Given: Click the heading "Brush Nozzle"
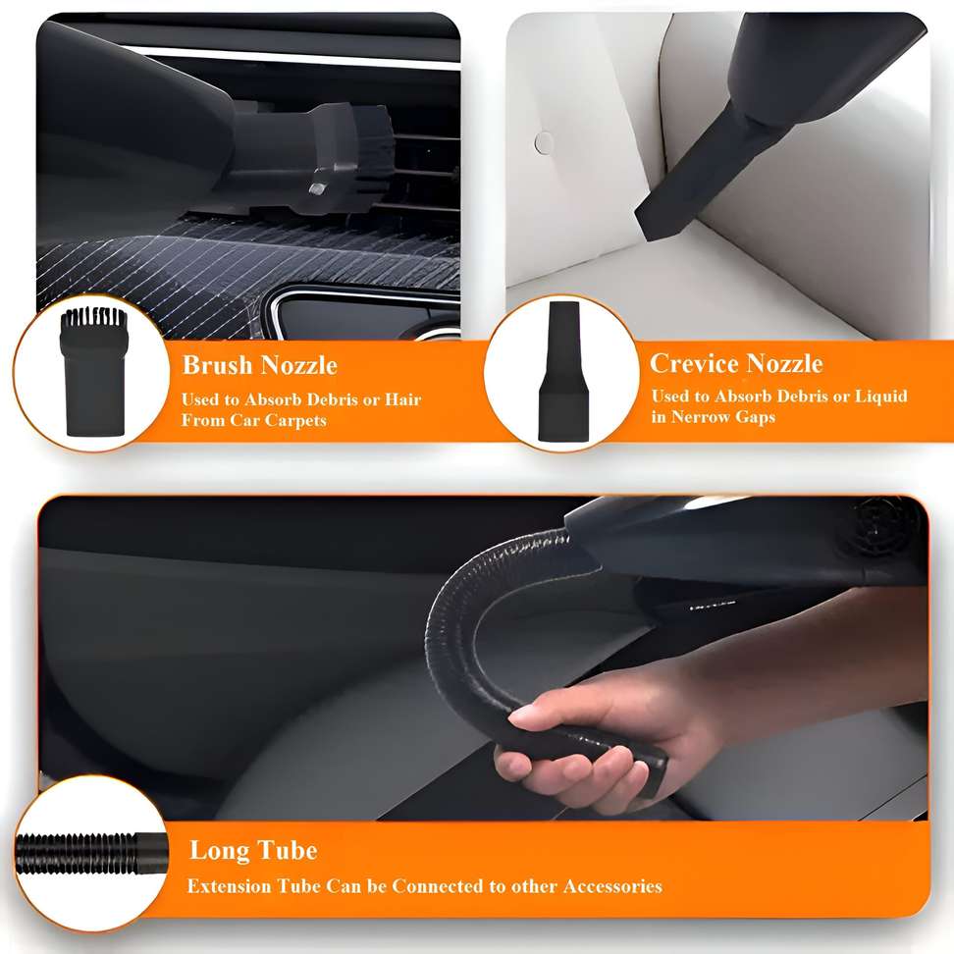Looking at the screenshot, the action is pos(260,365).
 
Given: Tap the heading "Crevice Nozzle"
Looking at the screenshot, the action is pos(736,363).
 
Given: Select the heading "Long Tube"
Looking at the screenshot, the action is pos(253,850).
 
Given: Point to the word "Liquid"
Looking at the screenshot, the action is pos(881,397).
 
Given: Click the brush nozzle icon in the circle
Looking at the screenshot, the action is pos(93,372).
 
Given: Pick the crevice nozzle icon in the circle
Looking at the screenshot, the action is pos(563,371).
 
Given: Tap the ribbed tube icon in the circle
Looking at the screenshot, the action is pos(91,853).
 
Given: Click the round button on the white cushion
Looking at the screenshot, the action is pos(544,143).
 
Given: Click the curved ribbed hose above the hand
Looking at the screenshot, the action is pos(481,614).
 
